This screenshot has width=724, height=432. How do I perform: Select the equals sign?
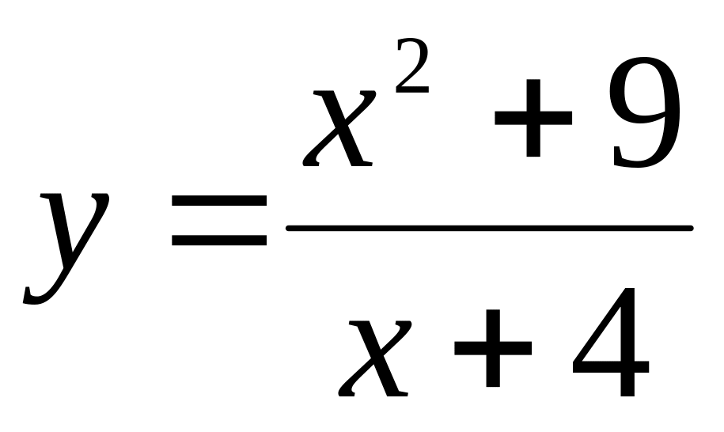click(x=219, y=221)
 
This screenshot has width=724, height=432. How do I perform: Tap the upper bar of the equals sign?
click(x=219, y=201)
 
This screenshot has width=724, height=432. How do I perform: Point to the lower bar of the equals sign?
click(x=219, y=241)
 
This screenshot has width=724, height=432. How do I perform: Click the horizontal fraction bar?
click(x=490, y=228)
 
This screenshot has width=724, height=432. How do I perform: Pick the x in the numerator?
click(x=339, y=128)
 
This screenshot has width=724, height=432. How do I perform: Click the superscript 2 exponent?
click(x=412, y=66)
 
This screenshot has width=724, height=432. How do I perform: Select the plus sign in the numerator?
click(x=533, y=118)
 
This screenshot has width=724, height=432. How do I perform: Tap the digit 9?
click(x=646, y=112)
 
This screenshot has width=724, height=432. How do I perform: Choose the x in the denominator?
click(x=374, y=358)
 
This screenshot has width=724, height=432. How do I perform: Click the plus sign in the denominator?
click(x=493, y=348)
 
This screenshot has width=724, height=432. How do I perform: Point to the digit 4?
click(x=611, y=342)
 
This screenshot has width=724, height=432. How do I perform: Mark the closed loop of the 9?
click(x=644, y=95)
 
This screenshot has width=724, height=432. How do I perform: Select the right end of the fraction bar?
click(x=691, y=228)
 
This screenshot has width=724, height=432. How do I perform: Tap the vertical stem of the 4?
click(x=628, y=342)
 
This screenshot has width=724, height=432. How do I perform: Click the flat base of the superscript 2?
click(x=413, y=90)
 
